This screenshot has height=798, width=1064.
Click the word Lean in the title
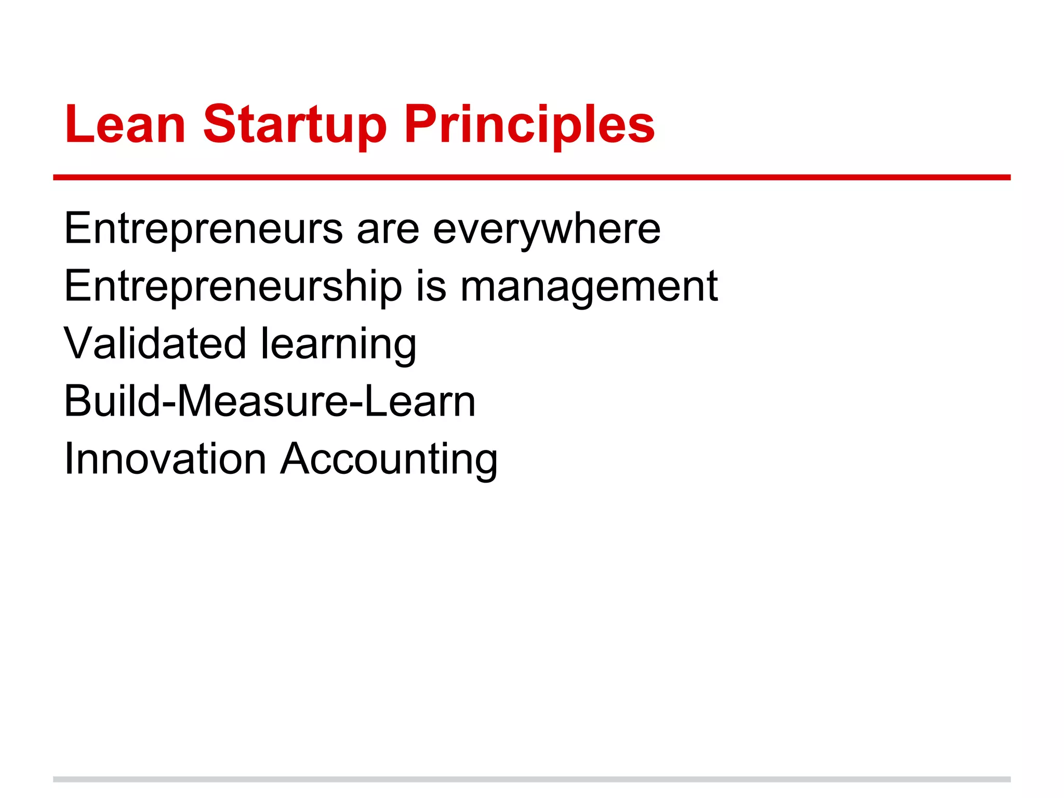(125, 125)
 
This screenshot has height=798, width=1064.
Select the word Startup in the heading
(295, 125)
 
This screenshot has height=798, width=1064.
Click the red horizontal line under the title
(531, 178)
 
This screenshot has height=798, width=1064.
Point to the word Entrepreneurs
(203, 229)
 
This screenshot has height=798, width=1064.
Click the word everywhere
(547, 229)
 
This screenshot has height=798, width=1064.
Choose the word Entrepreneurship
(233, 286)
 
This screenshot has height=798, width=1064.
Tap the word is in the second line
(431, 286)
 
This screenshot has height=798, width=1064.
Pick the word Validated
(154, 344)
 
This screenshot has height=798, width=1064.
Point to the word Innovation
(165, 459)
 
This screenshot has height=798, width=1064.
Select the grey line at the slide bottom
(531, 779)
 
